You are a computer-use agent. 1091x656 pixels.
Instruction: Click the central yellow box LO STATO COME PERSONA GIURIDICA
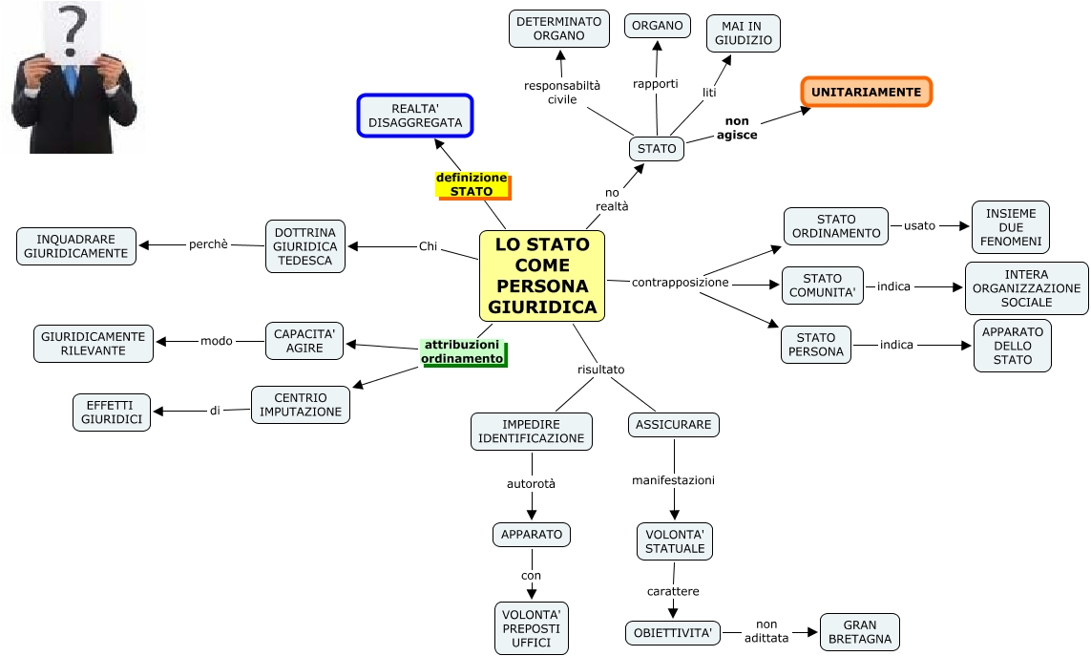coord(542,275)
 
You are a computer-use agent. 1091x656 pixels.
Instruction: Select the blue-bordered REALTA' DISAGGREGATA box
coord(415,116)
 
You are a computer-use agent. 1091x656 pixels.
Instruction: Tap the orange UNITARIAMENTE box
coord(866,93)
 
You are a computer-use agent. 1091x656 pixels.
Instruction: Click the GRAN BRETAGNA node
coord(860,632)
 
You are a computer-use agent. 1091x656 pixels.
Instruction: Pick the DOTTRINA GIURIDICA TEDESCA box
coord(305,246)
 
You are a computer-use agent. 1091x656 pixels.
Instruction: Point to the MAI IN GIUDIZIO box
coord(744,33)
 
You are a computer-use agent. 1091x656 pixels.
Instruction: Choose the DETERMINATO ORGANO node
coord(559,29)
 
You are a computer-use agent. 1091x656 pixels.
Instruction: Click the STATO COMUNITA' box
coord(822,286)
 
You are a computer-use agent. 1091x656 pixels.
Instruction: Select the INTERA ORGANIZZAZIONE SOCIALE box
coord(1026,288)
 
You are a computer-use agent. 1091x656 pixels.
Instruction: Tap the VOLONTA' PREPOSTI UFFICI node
coord(532,627)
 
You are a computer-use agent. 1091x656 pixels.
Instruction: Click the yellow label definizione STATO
coord(472,185)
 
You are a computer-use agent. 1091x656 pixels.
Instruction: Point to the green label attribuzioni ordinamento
coord(462,351)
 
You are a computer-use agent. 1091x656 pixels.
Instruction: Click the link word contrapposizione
coord(680,283)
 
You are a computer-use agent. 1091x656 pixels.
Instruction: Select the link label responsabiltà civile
coord(562,92)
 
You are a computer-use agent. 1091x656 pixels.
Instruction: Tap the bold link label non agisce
coord(737,128)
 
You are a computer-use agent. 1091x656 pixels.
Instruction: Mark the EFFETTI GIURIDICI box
coord(112,412)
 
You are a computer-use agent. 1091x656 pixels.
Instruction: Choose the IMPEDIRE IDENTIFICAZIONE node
coord(532,432)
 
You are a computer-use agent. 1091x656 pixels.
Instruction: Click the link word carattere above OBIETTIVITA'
coord(673,591)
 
